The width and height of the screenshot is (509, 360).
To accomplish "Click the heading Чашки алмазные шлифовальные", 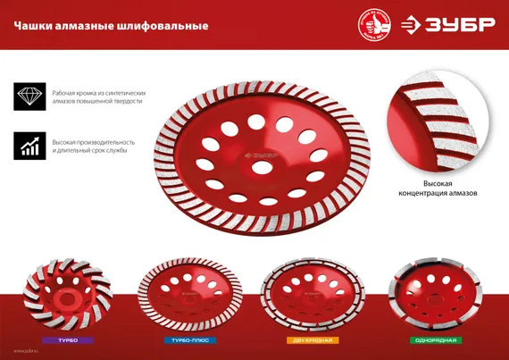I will (x=111, y=26).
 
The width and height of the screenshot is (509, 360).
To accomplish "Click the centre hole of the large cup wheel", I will (x=263, y=168).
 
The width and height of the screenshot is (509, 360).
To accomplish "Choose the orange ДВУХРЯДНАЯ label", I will (x=312, y=341).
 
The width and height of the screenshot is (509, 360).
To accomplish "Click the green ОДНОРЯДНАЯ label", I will (x=435, y=341).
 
